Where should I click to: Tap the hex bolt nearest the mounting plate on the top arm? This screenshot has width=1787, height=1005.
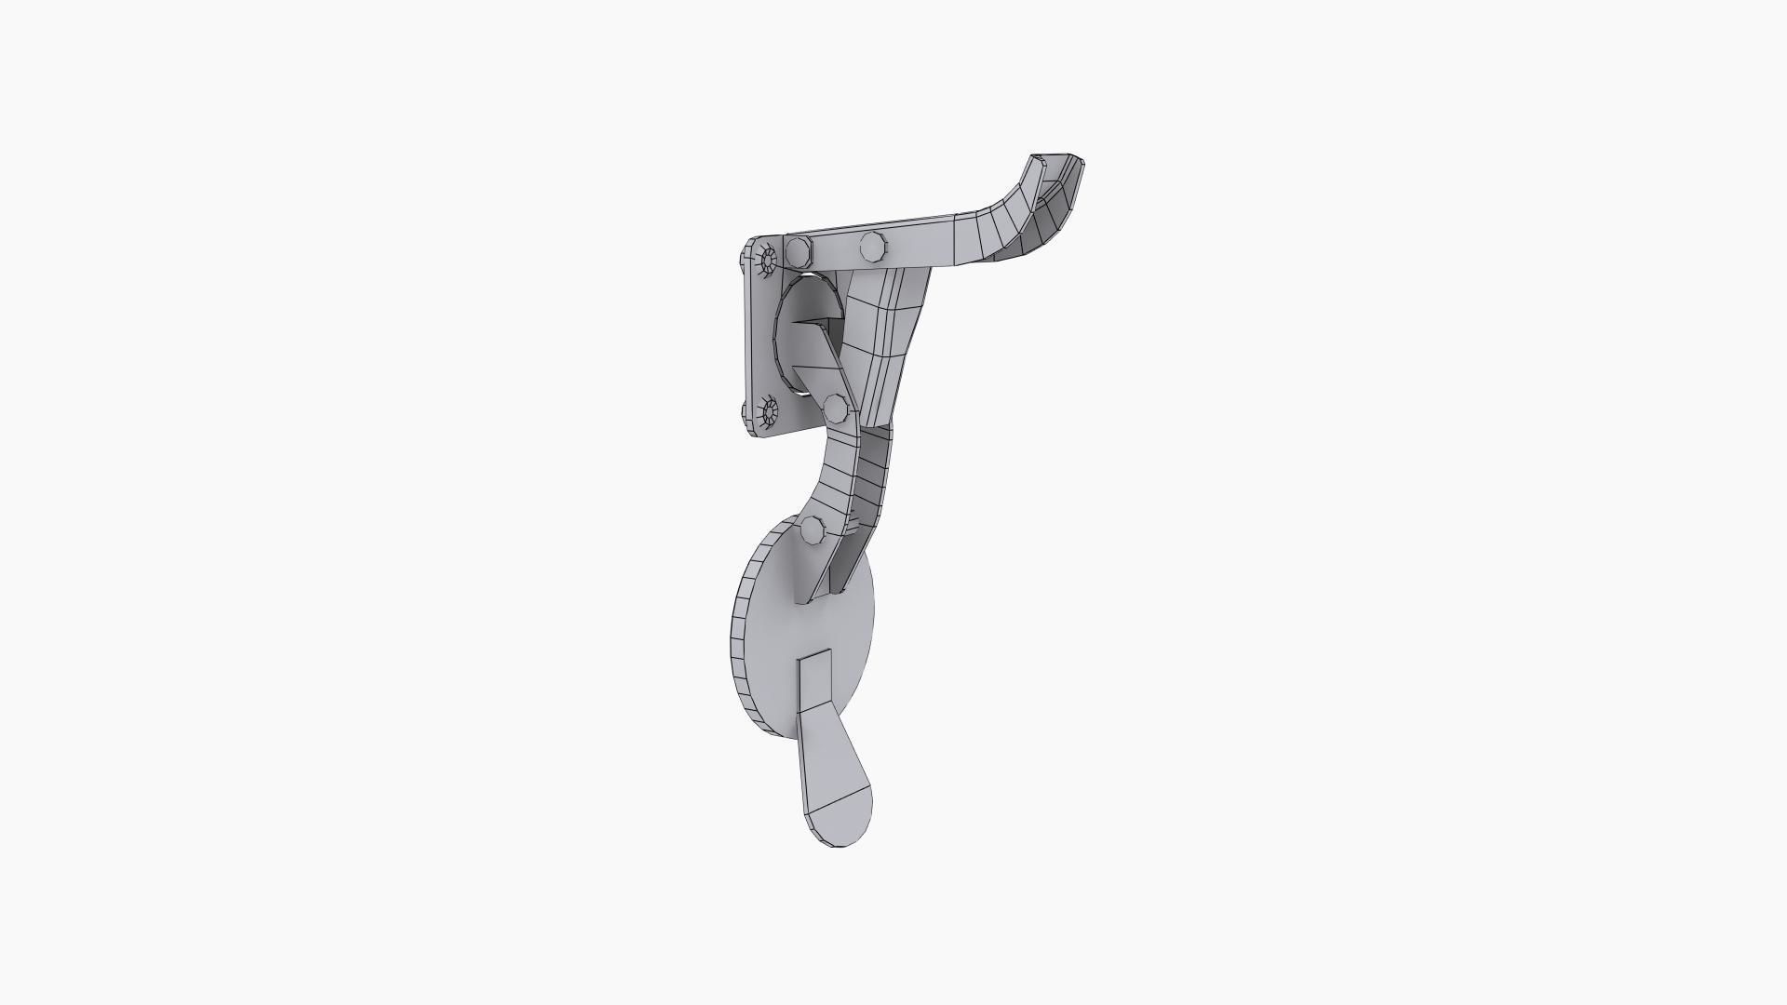[x=799, y=251]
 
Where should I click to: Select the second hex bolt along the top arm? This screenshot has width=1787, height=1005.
[x=873, y=247]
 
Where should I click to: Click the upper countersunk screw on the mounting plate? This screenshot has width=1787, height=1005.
[x=768, y=260]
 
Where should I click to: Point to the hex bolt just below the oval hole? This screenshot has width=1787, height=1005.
[x=835, y=407]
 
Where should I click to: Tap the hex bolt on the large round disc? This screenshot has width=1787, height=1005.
[x=812, y=530]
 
